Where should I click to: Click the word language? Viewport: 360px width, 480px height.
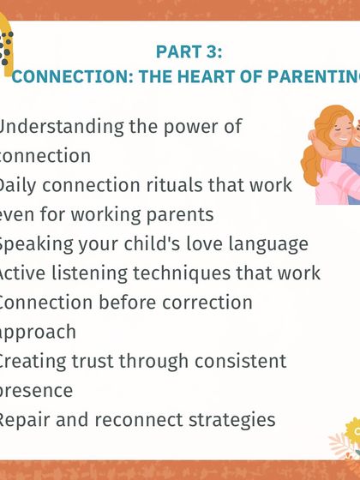267,244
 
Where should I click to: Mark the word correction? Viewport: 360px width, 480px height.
208,303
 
